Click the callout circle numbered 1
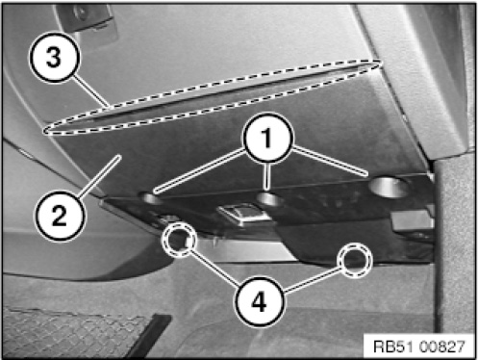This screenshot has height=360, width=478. tap(268, 138)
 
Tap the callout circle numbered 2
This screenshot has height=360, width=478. tap(60, 216)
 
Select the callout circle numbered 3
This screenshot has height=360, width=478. tap(54, 58)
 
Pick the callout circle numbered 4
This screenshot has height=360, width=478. tap(260, 302)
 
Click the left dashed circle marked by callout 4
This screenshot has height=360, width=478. tap(179, 239)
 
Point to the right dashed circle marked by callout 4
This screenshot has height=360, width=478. tap(356, 260)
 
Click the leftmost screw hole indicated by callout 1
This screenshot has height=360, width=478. tap(150, 199)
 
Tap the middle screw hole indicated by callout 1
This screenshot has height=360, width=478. tap(271, 199)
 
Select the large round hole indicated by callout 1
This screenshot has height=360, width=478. tap(389, 188)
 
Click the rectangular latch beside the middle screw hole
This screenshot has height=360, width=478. tap(244, 216)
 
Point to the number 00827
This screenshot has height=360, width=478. tap(441, 347)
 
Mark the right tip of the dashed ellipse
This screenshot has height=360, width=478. tap(381, 64)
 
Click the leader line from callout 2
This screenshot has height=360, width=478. tap(99, 175)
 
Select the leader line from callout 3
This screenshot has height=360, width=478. tap(91, 91)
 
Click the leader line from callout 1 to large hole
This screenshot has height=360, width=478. tap(330, 162)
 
